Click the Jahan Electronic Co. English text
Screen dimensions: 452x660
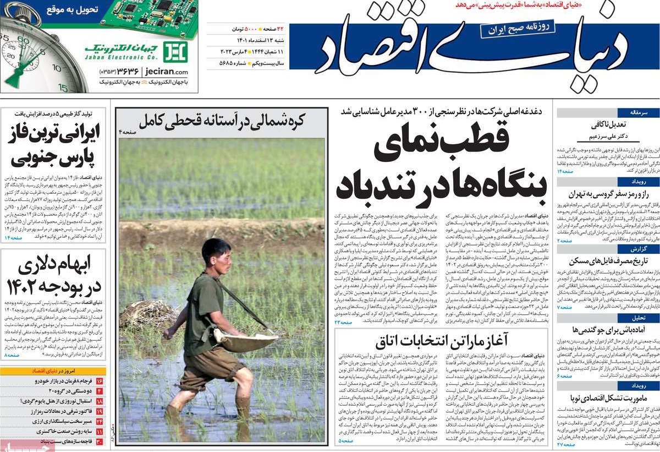(120, 57)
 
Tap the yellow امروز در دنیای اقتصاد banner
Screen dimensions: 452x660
(53, 371)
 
